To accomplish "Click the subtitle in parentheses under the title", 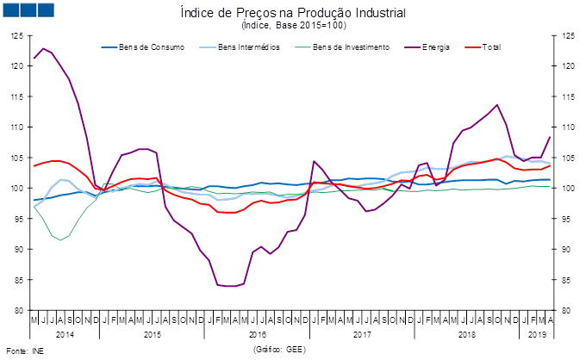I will point(293,26).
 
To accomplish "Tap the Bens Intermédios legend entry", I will point(240,47).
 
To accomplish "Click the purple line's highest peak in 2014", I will point(44,48).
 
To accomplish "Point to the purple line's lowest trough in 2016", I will point(230,286).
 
